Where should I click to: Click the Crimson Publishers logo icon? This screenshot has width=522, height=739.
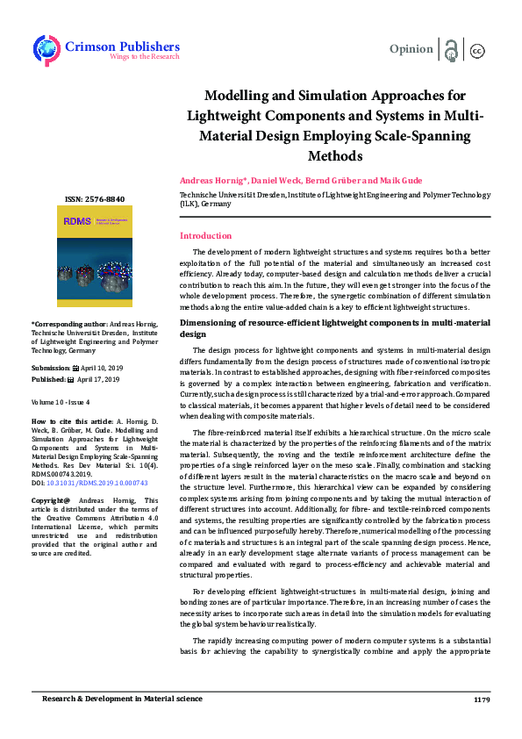(x=46, y=49)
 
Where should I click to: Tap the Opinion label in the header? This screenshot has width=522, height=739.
(x=411, y=49)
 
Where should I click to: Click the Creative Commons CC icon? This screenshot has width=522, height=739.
(x=478, y=50)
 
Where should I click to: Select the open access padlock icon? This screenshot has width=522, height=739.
(x=451, y=49)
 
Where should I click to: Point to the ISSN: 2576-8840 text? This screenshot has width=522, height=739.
(x=95, y=198)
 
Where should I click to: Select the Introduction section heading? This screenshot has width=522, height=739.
(x=205, y=236)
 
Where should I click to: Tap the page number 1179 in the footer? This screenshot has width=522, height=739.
(x=482, y=700)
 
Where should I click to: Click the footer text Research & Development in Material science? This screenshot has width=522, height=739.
(x=124, y=700)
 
